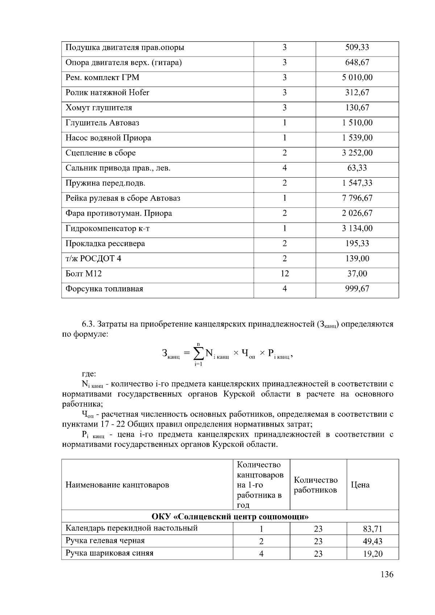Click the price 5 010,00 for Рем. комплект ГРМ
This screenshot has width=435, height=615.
[357, 78]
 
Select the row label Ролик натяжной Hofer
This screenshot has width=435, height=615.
[107, 93]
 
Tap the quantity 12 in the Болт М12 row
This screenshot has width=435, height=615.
[285, 274]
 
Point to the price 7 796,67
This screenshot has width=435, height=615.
[357, 198]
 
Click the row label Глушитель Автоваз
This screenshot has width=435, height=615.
[102, 123]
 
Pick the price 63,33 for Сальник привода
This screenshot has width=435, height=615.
[357, 168]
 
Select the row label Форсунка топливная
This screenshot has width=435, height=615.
[104, 289]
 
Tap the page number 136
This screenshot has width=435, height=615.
[387, 574]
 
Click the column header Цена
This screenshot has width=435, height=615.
[360, 485]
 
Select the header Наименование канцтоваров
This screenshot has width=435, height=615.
[117, 485]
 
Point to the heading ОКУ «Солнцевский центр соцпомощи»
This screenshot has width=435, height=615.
[230, 516]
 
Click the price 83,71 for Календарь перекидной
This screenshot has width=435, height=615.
[372, 529]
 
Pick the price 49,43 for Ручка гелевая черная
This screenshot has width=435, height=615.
[372, 541]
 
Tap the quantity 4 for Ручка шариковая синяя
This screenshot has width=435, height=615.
[261, 554]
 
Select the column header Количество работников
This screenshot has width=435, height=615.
[315, 485]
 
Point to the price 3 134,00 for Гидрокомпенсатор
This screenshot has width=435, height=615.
[357, 228]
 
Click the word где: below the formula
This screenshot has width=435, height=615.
[88, 374]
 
